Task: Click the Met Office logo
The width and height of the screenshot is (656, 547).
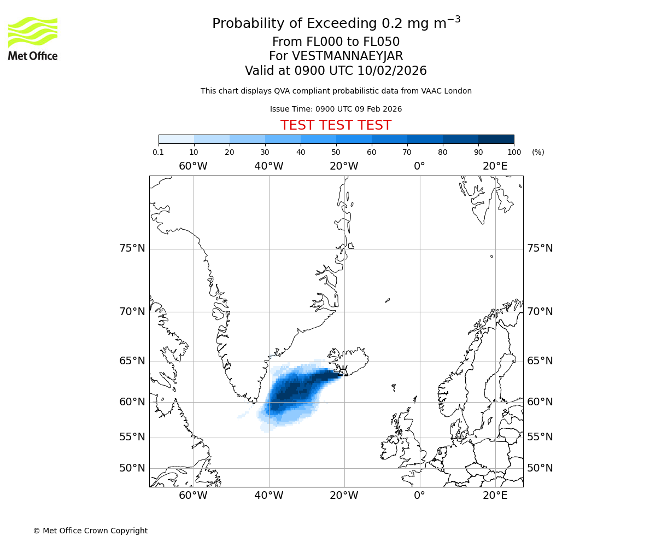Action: pyautogui.click(x=33, y=38)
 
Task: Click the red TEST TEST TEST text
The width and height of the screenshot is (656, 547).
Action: pyautogui.click(x=336, y=125)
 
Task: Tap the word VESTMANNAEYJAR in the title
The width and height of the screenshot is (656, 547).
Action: pyautogui.click(x=348, y=56)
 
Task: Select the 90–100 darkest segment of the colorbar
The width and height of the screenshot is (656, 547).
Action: pyautogui.click(x=496, y=139)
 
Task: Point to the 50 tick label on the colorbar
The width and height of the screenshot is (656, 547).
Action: pyautogui.click(x=336, y=152)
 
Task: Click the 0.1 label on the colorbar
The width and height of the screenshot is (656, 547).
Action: pyautogui.click(x=159, y=152)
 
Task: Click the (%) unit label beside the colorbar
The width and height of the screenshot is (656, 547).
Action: pyautogui.click(x=538, y=152)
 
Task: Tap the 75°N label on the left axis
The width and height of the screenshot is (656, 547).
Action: pyautogui.click(x=132, y=248)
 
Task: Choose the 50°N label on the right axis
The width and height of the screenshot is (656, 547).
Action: pyautogui.click(x=540, y=468)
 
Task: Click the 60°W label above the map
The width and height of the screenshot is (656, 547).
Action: pyautogui.click(x=193, y=166)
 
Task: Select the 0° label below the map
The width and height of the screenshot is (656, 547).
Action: pyautogui.click(x=419, y=496)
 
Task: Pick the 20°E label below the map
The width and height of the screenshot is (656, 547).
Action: pyautogui.click(x=495, y=496)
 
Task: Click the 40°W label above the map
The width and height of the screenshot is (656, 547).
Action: pyautogui.click(x=268, y=166)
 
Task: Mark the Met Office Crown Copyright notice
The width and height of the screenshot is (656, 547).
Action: pyautogui.click(x=90, y=531)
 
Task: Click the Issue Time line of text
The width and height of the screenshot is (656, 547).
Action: pyautogui.click(x=336, y=109)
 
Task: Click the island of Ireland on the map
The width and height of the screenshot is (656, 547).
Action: pyautogui.click(x=389, y=446)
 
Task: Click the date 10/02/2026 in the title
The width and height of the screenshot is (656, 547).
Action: pyautogui.click(x=392, y=71)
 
